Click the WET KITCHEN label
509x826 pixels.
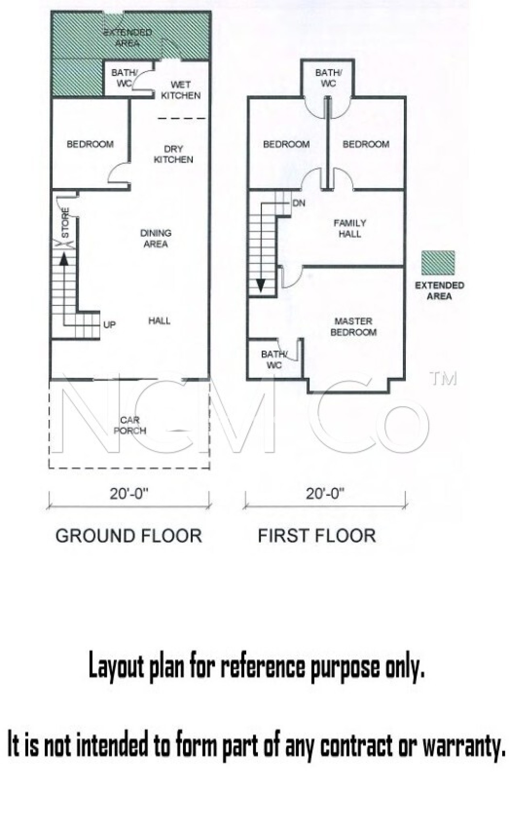point(181,90)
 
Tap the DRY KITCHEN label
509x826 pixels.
point(173,154)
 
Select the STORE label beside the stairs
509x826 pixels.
point(65,223)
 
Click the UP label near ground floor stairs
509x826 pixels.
point(109,325)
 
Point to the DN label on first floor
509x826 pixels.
point(299,203)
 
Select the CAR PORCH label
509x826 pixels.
point(130,426)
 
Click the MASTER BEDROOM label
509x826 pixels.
point(353,327)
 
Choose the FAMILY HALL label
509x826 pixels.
point(350,228)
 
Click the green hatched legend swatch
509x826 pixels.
point(438,263)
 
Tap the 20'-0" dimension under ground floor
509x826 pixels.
point(129,494)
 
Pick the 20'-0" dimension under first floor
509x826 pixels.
point(325,494)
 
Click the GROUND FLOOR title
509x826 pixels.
point(129,536)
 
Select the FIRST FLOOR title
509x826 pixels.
point(317,536)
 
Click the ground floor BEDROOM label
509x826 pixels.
point(90,144)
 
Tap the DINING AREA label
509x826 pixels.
point(156,238)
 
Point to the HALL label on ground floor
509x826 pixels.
point(159,321)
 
